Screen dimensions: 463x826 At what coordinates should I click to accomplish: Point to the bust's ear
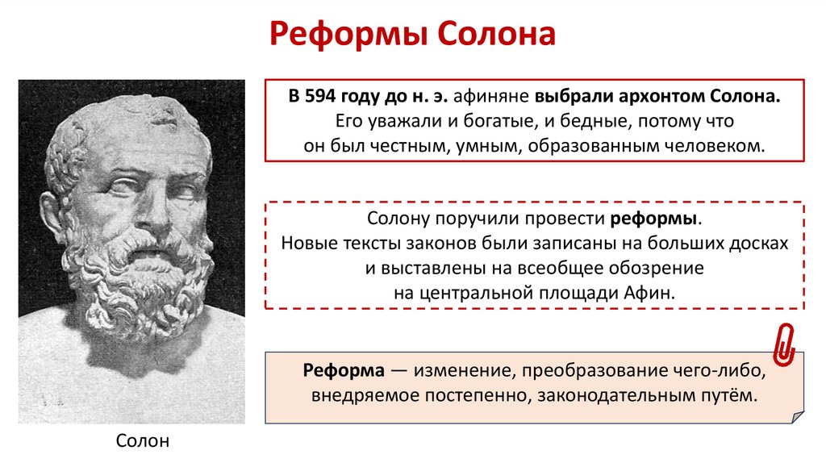tap(51, 214)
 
